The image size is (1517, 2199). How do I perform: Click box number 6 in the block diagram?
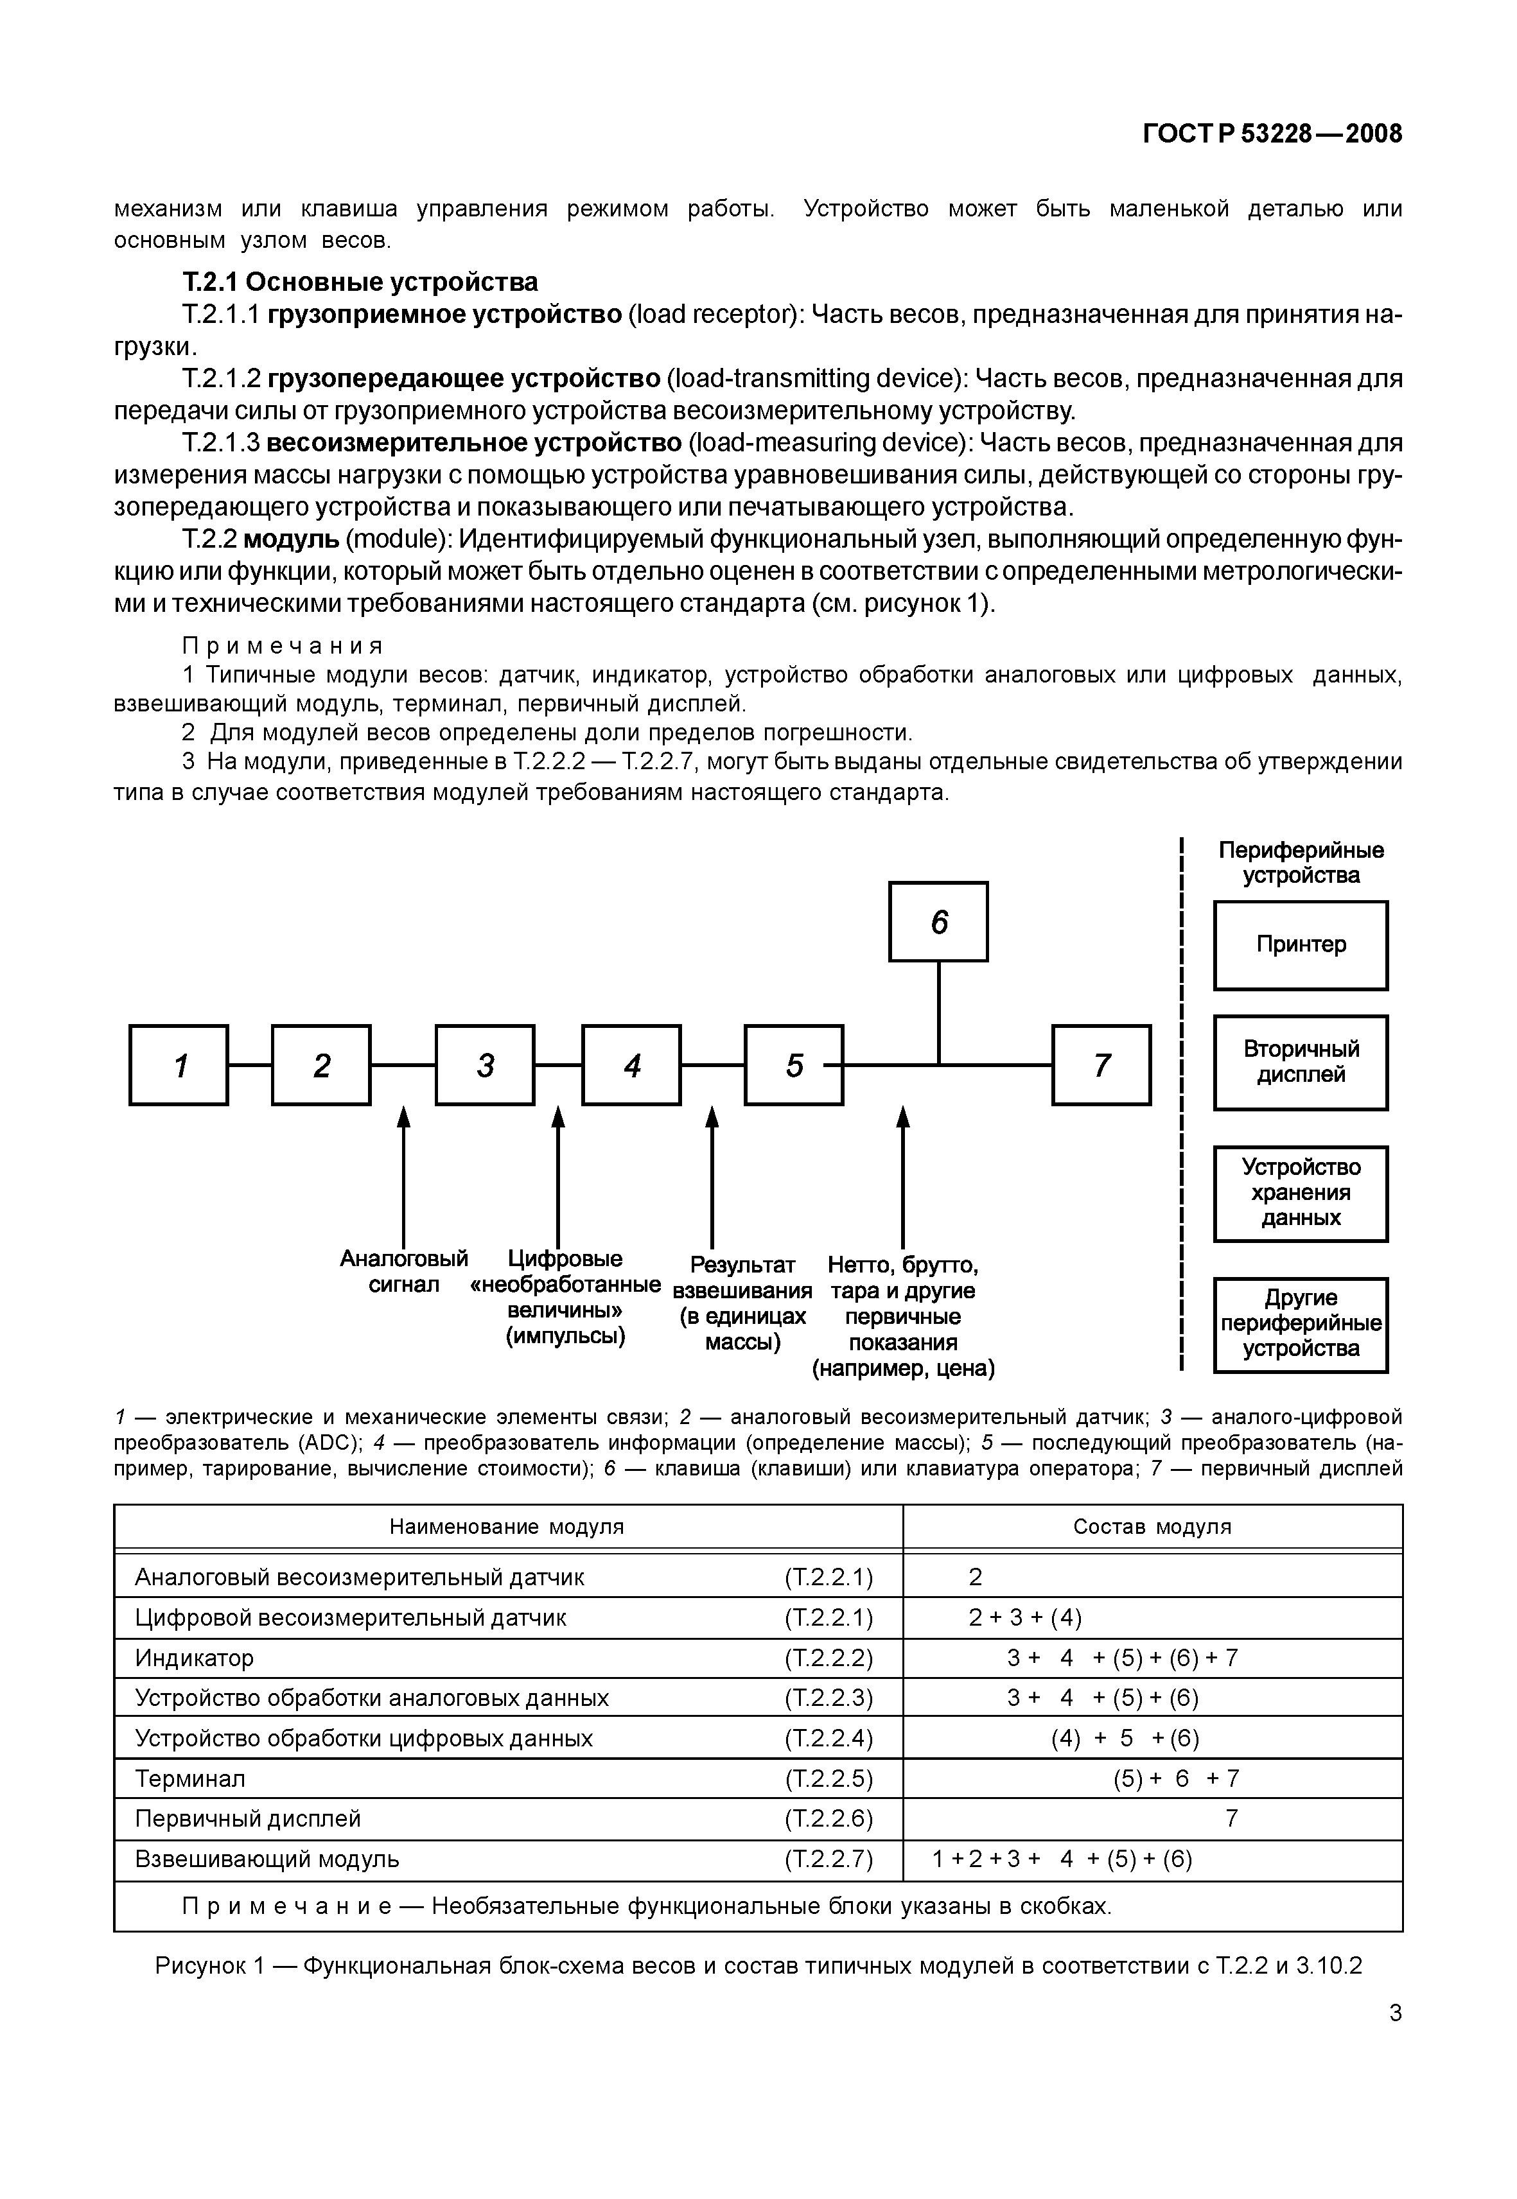pos(938,922)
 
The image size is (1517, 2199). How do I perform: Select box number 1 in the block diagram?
pos(179,1065)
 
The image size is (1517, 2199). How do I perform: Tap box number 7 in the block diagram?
pos(1101,1065)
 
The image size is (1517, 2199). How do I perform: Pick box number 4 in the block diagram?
pos(631,1065)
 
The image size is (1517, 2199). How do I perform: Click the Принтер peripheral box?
pos(1301,946)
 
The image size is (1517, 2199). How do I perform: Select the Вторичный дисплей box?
pos(1301,1063)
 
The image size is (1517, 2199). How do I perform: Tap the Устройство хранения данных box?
pos(1301,1194)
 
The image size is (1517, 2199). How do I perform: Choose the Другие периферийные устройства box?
pos(1301,1325)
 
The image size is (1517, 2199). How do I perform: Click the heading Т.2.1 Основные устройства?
pos(360,282)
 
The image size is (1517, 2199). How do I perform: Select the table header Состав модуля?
pos(1152,1526)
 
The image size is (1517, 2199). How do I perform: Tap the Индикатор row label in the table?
pos(195,1658)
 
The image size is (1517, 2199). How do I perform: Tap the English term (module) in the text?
pos(398,540)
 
